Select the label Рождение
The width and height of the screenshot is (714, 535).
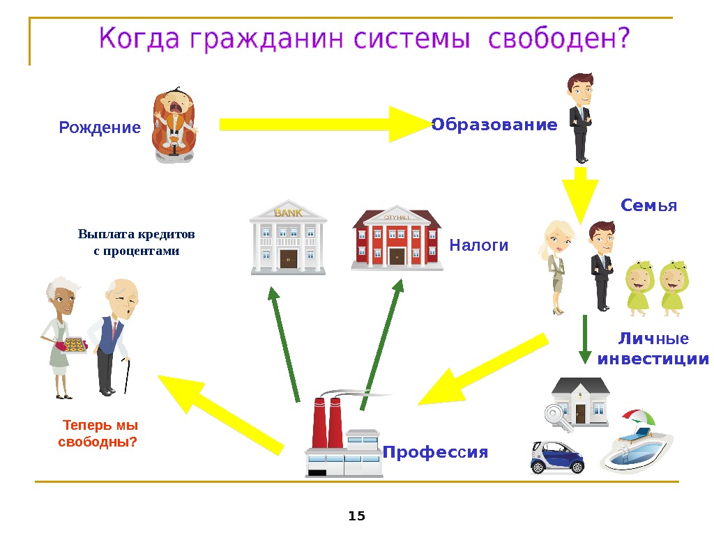100,128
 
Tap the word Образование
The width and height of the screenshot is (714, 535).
494,125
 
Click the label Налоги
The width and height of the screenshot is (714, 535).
479,246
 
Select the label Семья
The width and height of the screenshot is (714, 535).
648,206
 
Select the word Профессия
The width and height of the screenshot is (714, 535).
435,453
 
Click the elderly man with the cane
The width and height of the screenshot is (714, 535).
114,334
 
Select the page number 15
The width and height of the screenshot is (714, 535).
356,516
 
